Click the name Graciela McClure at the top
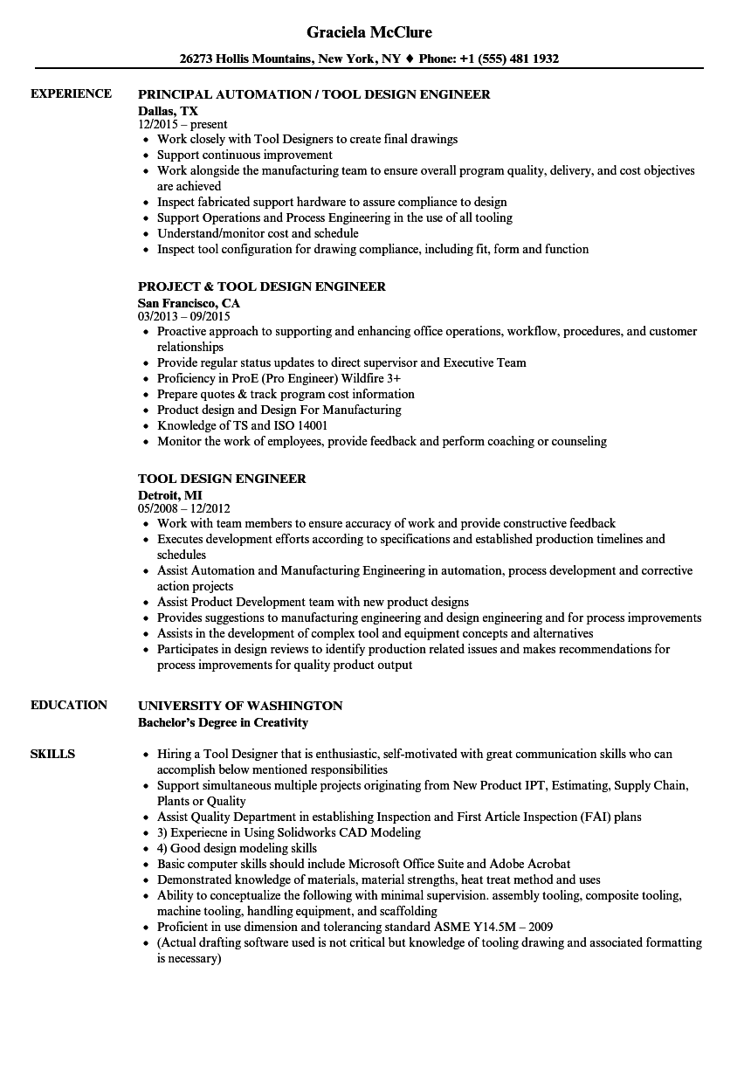369,32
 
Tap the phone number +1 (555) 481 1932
516,59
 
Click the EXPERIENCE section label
71,93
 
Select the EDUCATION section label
69,705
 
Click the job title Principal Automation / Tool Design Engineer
314,94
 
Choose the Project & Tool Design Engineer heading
262,286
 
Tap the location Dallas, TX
168,111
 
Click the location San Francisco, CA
189,303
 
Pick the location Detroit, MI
169,495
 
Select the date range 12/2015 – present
183,125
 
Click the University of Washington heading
240,706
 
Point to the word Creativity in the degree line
281,722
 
